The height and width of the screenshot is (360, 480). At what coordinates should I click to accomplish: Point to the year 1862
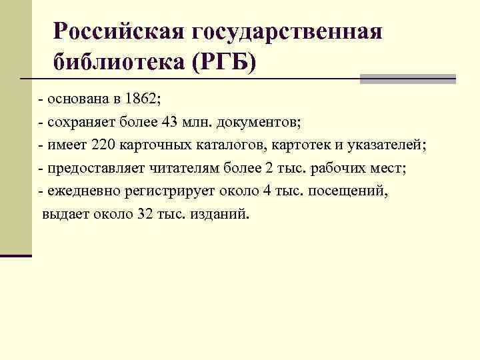tap(140, 100)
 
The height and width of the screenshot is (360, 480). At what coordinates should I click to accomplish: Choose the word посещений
tap(351, 192)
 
